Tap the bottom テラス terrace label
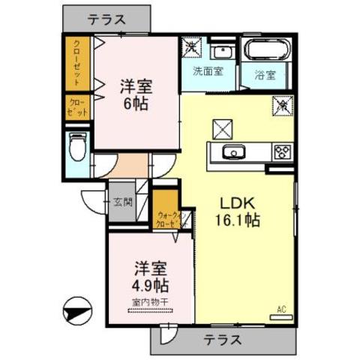click(222, 340)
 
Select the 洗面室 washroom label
click(207, 73)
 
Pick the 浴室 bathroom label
click(265, 74)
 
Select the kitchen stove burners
click(282, 151)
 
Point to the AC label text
click(282, 307)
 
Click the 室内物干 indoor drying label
click(150, 301)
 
